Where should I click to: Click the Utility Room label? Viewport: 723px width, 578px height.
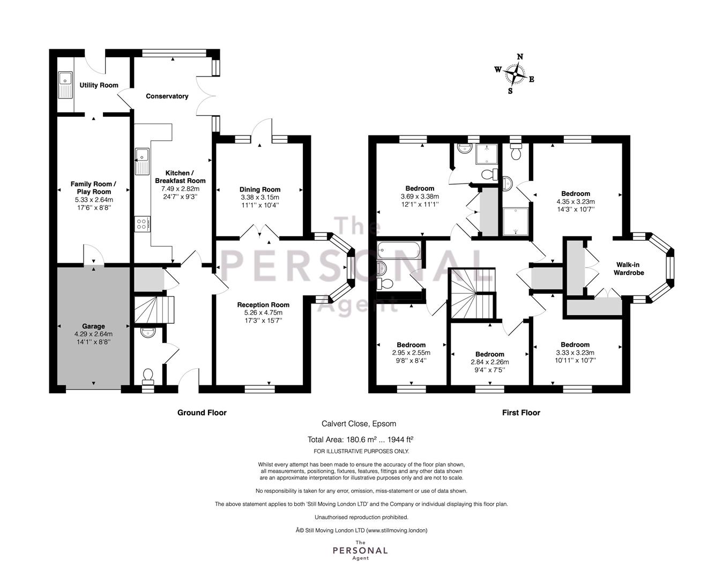point(99,85)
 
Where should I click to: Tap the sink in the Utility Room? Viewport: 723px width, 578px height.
point(65,85)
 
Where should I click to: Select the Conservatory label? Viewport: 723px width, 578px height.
point(167,96)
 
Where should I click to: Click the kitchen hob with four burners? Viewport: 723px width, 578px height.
point(142,224)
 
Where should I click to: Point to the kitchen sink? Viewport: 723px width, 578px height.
point(142,161)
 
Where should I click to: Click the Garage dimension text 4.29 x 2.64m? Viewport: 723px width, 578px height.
point(93,334)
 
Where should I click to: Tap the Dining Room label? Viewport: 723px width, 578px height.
point(260,189)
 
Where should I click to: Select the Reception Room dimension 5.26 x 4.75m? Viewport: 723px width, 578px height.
point(263,313)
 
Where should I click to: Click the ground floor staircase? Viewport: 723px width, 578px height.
point(154,310)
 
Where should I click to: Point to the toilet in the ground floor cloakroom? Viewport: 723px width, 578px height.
point(148,377)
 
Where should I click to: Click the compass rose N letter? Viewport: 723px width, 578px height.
point(520,57)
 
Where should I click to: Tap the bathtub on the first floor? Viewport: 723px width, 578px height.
point(399,250)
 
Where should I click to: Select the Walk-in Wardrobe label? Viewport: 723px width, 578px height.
point(628,269)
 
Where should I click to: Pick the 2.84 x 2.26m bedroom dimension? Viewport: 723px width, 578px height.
point(489,362)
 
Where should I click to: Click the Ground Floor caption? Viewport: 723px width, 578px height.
point(202,413)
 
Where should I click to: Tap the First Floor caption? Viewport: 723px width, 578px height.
point(521,413)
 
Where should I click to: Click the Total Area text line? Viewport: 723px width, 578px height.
point(360,439)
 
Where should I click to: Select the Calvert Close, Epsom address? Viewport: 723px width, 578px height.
point(359,424)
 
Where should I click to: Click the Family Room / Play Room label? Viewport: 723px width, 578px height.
point(94,188)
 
